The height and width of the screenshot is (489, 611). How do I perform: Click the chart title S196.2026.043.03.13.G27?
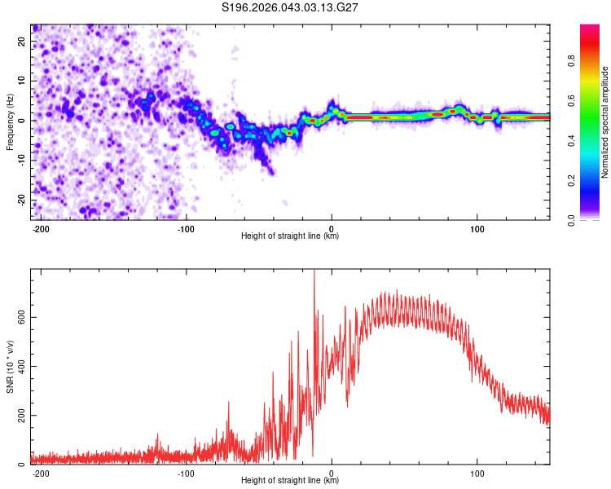click(x=291, y=7)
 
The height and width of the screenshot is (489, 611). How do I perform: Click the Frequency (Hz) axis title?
click(x=10, y=122)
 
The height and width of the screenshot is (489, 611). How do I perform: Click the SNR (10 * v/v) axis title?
click(x=10, y=367)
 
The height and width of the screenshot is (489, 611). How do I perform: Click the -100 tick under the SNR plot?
click(x=186, y=472)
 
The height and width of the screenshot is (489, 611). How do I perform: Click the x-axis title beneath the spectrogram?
click(x=291, y=236)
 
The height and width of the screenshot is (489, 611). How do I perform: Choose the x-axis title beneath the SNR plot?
click(x=291, y=481)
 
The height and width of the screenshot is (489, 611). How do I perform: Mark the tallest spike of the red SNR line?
click(x=314, y=271)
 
